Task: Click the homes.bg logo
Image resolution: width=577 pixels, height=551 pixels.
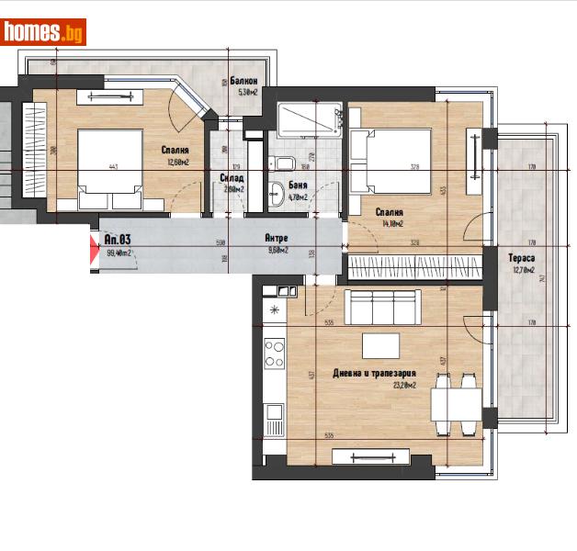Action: tap(44, 31)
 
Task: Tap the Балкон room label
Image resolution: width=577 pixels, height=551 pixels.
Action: tap(243, 82)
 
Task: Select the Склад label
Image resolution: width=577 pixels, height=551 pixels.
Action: tap(232, 178)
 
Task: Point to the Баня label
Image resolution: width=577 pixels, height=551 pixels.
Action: tap(297, 186)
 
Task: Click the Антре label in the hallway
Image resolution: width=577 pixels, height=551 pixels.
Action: tap(276, 238)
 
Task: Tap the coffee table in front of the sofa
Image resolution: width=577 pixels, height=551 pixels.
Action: tap(382, 345)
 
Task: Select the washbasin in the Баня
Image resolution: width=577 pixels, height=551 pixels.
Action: tap(277, 194)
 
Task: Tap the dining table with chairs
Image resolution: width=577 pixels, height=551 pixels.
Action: tap(456, 403)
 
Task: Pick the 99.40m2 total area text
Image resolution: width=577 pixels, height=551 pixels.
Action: tap(119, 253)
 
